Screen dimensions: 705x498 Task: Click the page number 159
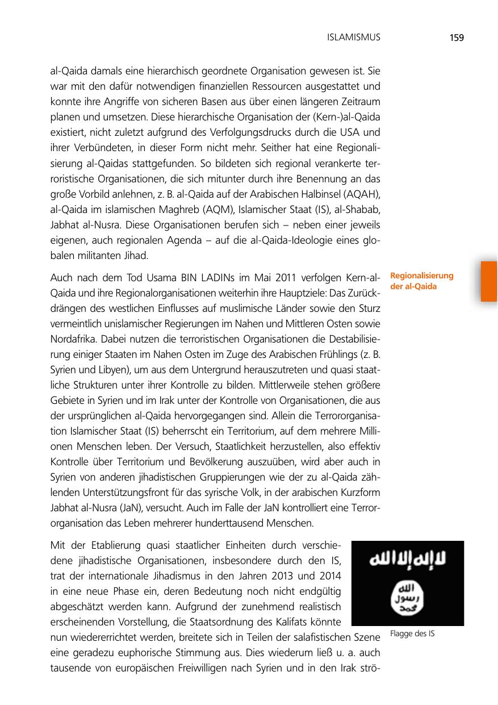[x=456, y=38]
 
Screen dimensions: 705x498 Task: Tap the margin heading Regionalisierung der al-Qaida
[x=421, y=281]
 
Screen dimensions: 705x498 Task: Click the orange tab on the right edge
[x=488, y=281]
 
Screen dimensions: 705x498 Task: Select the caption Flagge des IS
[x=412, y=633]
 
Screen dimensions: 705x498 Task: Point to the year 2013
[x=273, y=576]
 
